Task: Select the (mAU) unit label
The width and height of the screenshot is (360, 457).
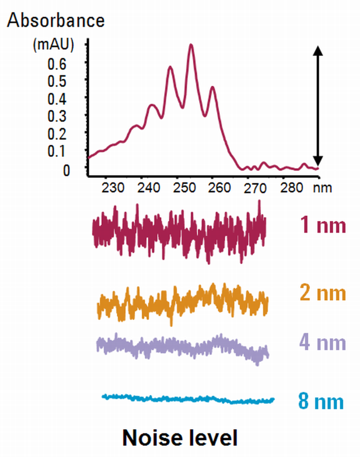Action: coord(53,45)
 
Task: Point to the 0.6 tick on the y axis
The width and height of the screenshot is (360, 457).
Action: coord(67,63)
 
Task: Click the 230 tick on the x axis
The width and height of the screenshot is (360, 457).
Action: coord(113,187)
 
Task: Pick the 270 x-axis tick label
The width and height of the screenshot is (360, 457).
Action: coord(252,187)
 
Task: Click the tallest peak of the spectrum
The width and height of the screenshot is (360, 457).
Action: coord(191,45)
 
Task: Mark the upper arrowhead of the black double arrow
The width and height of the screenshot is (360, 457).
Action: coord(318,50)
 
